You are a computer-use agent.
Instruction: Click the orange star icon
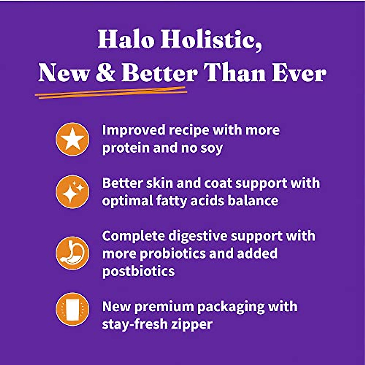(72, 139)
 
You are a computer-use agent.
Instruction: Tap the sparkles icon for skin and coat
(72, 192)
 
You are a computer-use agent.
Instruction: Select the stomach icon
(72, 253)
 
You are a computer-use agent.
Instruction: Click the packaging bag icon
(72, 309)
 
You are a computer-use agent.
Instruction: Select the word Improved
(134, 130)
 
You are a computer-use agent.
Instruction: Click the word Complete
(133, 236)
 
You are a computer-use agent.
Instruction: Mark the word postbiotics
(138, 271)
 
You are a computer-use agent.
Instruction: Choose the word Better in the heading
(159, 73)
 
